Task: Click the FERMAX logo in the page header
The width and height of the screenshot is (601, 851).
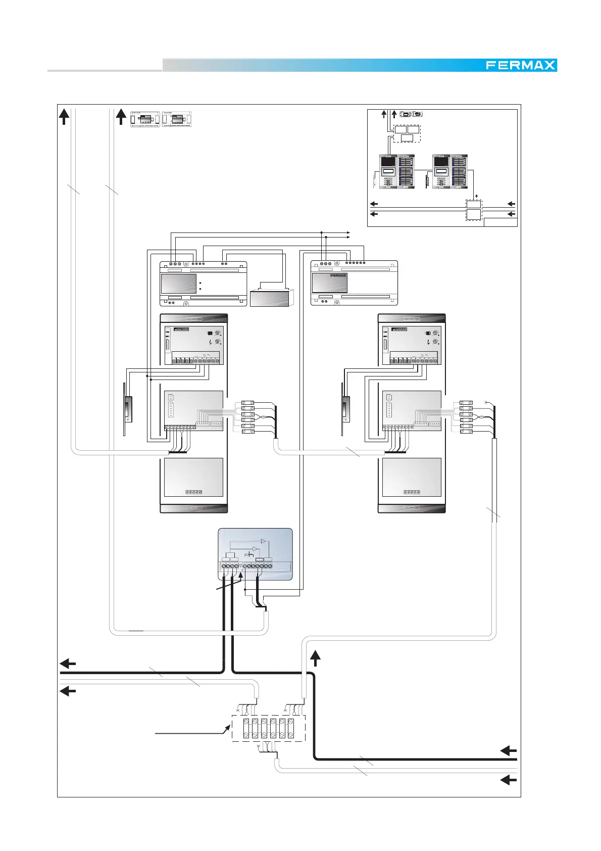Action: click(521, 65)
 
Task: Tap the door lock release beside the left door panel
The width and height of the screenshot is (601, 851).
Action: click(128, 409)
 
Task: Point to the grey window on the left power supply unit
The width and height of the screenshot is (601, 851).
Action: click(179, 283)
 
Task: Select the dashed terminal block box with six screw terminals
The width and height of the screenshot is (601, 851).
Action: click(268, 728)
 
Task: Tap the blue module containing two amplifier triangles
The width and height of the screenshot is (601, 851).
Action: click(255, 554)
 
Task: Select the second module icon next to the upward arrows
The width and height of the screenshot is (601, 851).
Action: click(177, 119)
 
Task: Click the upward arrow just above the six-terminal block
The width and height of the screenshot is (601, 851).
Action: click(315, 658)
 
